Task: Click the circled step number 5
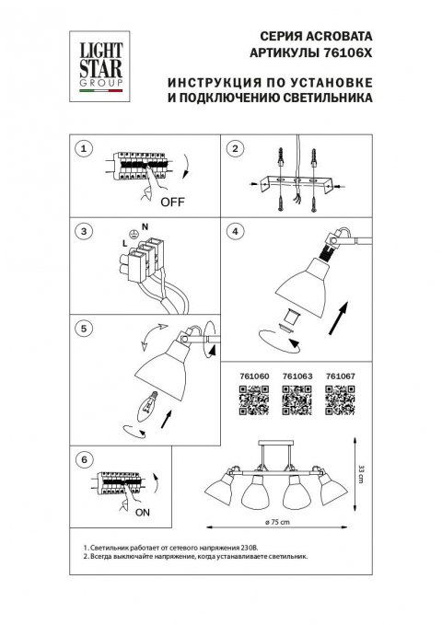[x=86, y=327]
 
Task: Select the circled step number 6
[x=86, y=458]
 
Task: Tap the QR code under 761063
[x=294, y=398]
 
